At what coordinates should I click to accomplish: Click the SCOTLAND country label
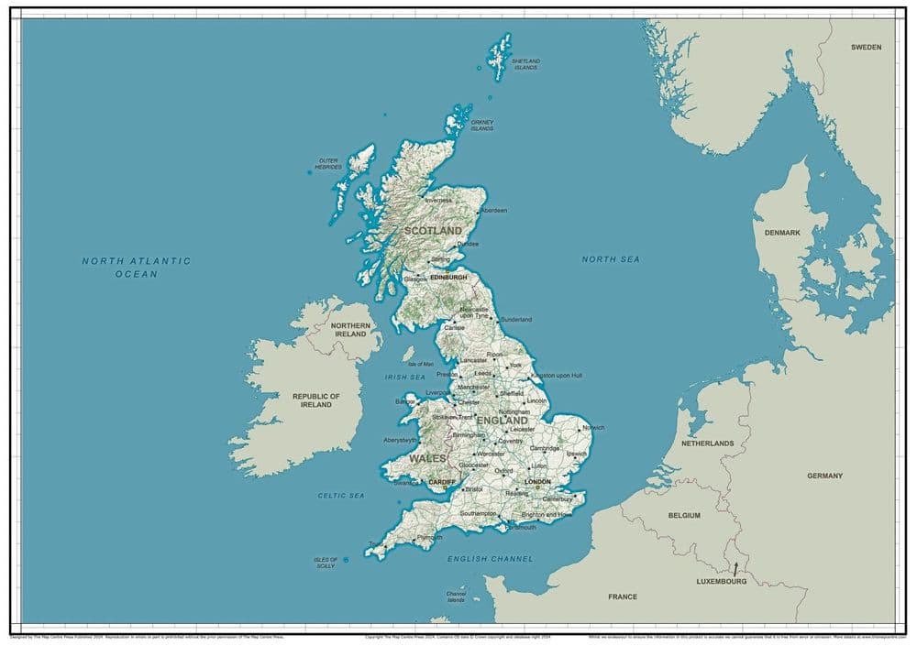[x=433, y=231]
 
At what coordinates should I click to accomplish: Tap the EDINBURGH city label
[x=449, y=277]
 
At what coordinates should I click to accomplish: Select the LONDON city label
[x=537, y=481]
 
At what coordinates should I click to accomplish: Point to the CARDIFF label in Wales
[x=442, y=481]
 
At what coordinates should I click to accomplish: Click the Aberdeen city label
[x=494, y=211]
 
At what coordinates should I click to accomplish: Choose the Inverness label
[x=438, y=200]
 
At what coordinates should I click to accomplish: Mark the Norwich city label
[x=593, y=428]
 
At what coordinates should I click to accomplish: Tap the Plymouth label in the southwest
[x=429, y=537]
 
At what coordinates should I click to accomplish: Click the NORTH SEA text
[x=611, y=259]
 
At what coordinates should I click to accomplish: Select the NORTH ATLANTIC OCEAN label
[x=137, y=267]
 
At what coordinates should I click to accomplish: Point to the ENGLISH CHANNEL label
[x=490, y=558]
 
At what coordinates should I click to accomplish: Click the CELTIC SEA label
[x=341, y=495]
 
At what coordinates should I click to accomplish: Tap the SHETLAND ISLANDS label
[x=526, y=64]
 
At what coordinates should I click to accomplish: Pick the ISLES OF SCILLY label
[x=326, y=563]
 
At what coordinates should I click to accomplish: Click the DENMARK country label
[x=782, y=233]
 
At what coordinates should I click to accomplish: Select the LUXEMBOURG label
[x=722, y=581]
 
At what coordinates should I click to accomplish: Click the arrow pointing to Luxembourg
[x=735, y=569]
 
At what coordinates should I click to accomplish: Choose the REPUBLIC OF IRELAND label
[x=316, y=400]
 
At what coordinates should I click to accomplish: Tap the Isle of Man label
[x=421, y=364]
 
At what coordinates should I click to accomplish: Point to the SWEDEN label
[x=866, y=47]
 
